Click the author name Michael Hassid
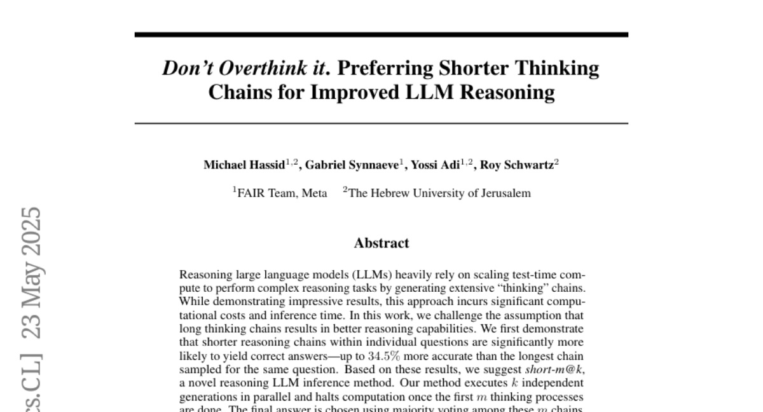pos(244,165)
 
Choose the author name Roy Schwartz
pos(516,165)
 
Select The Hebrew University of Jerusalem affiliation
pos(439,193)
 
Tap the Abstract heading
pos(381,243)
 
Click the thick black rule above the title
pos(381,34)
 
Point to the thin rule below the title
pos(381,123)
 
